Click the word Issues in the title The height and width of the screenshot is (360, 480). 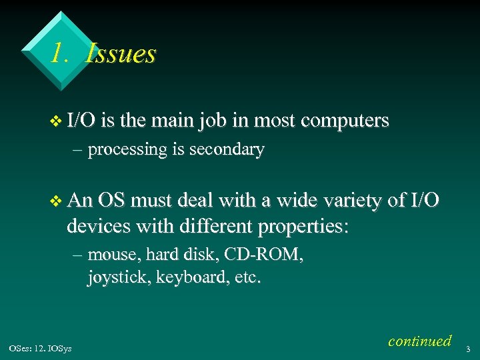[x=121, y=53]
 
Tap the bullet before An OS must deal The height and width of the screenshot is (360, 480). [x=55, y=201]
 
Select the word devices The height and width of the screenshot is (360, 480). [x=99, y=227]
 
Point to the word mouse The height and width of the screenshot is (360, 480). [x=109, y=254]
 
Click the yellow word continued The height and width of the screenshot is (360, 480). [x=419, y=341]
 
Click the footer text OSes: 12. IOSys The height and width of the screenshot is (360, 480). [x=41, y=348]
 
